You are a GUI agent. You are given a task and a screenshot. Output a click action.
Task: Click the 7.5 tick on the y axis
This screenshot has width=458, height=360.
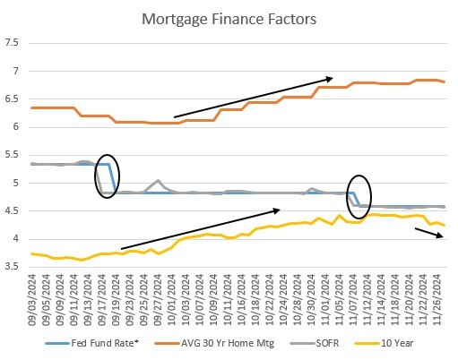pyautogui.click(x=12, y=43)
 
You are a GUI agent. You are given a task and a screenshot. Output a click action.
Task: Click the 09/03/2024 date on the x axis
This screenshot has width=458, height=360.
pyautogui.click(x=33, y=296)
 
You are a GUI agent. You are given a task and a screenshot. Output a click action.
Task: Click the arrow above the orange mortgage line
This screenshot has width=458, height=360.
pyautogui.click(x=254, y=98)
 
